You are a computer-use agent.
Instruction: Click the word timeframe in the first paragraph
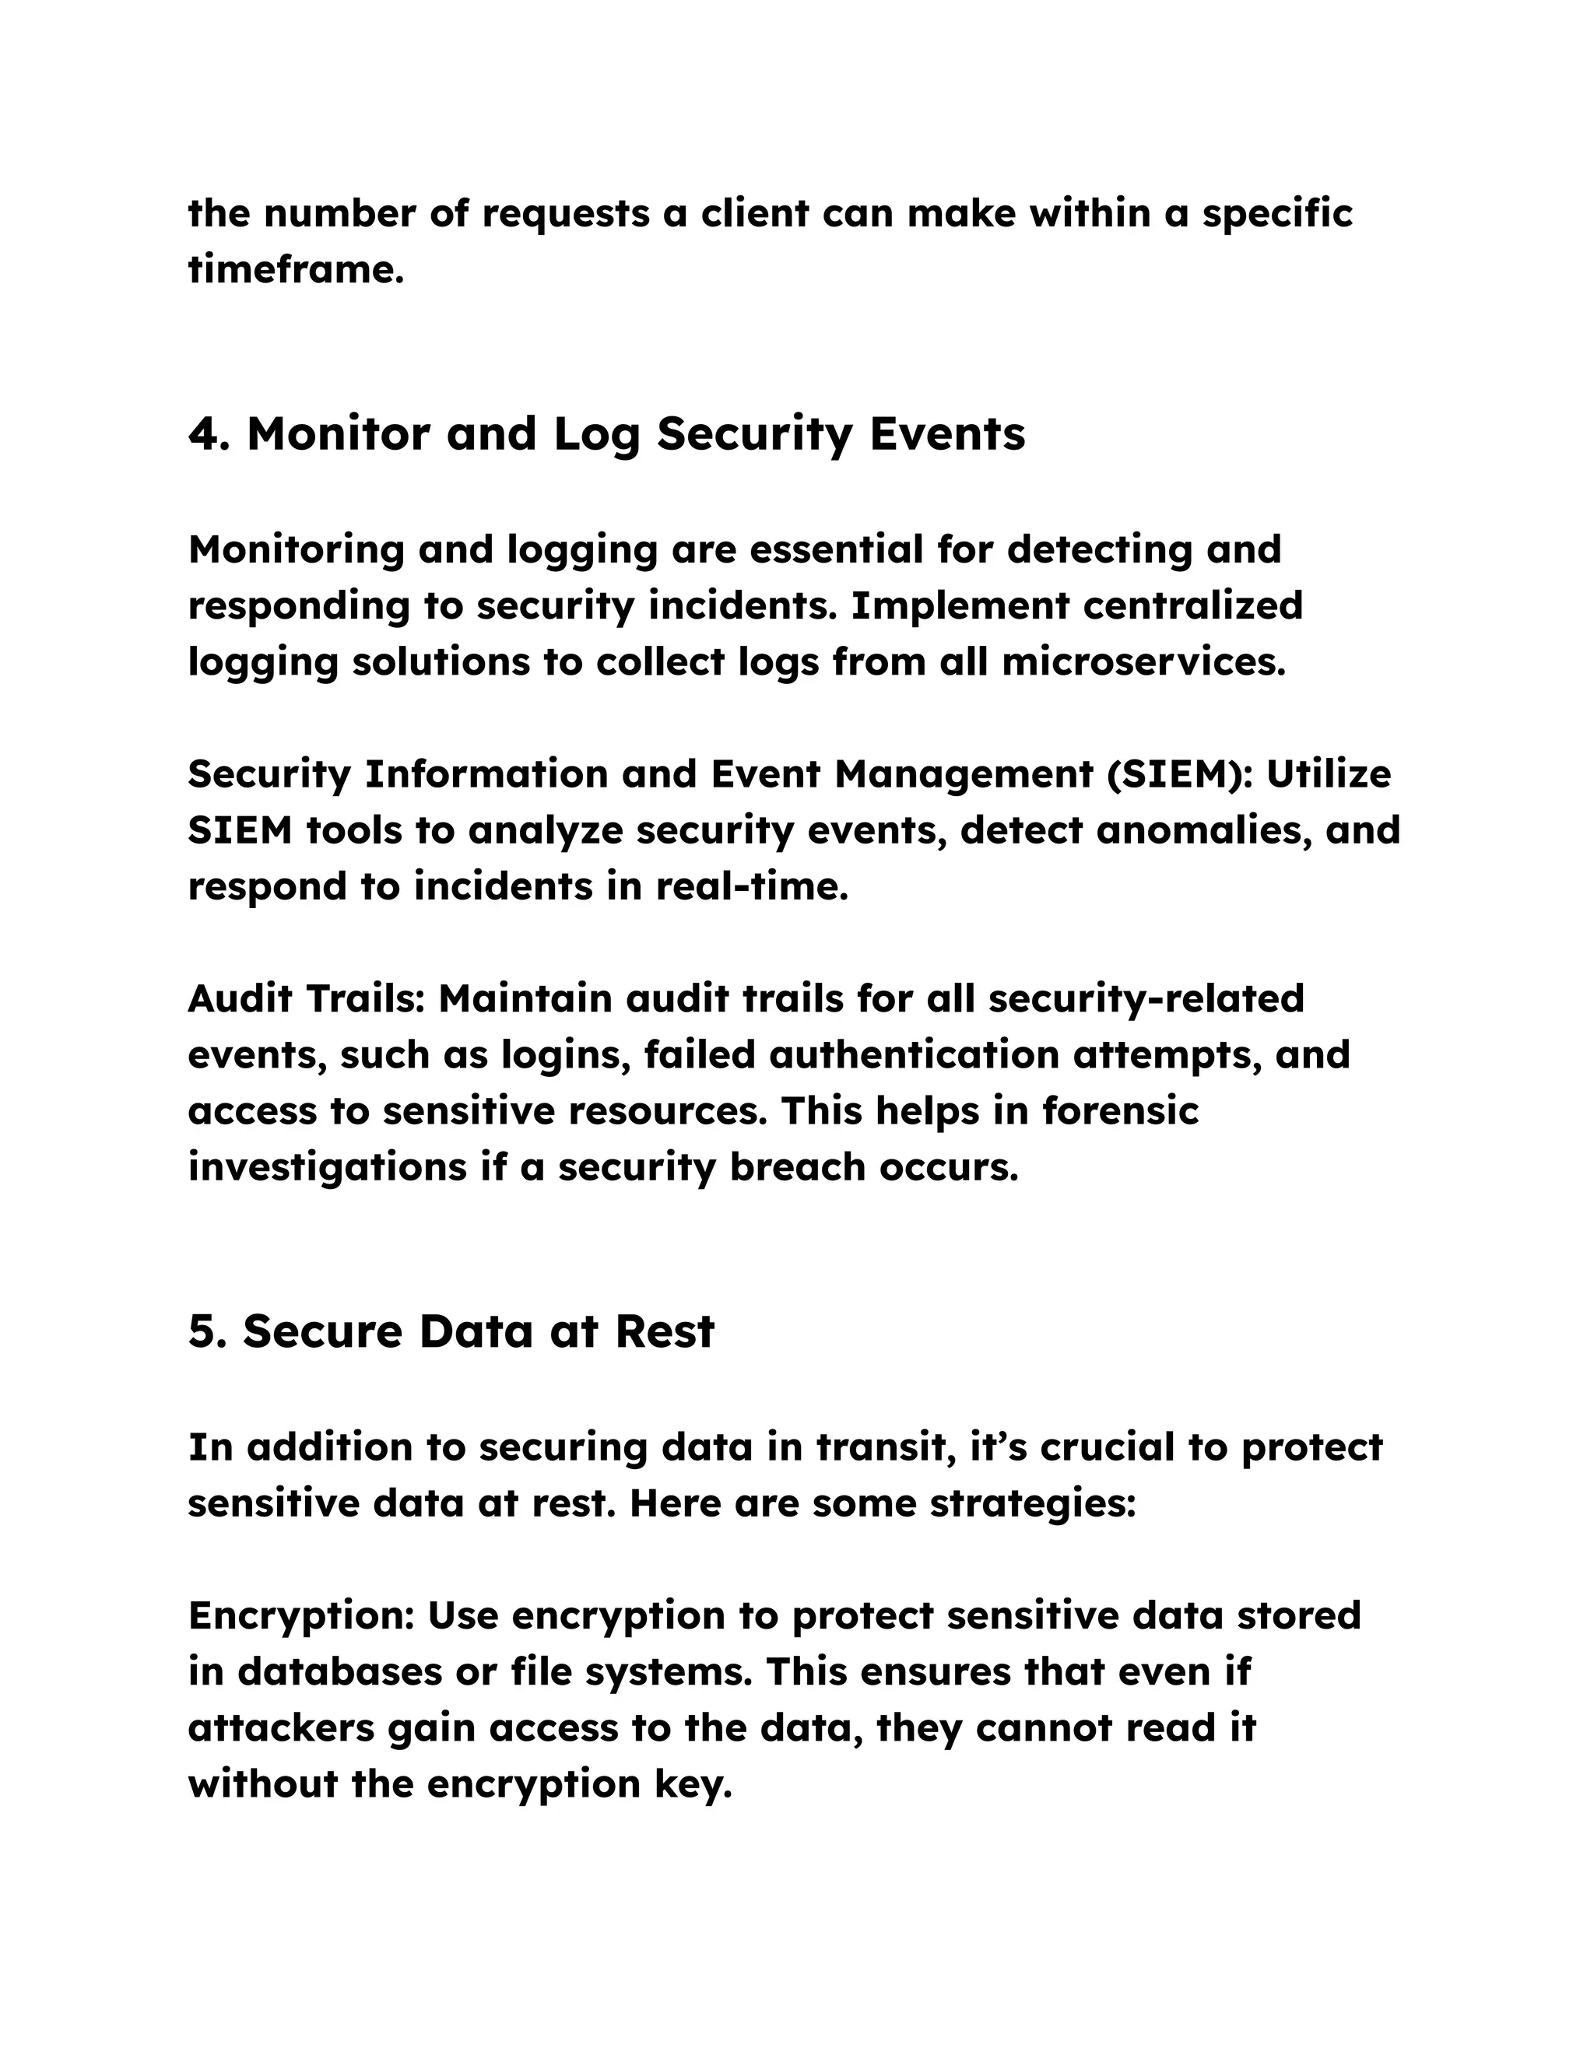pyautogui.click(x=296, y=270)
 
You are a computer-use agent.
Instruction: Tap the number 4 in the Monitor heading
pyautogui.click(x=203, y=434)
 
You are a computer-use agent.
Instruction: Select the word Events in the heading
pyautogui.click(x=946, y=434)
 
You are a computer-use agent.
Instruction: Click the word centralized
pyautogui.click(x=1192, y=605)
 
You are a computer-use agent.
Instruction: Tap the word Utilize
pyautogui.click(x=1328, y=774)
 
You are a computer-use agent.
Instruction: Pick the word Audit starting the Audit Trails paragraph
pyautogui.click(x=242, y=999)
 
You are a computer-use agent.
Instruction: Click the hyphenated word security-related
pyautogui.click(x=1146, y=999)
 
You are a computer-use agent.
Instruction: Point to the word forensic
pyautogui.click(x=1120, y=1111)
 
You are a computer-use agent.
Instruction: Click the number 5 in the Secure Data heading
pyautogui.click(x=202, y=1332)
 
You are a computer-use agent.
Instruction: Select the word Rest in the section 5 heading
pyautogui.click(x=664, y=1332)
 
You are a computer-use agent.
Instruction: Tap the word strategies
pyautogui.click(x=1031, y=1504)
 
